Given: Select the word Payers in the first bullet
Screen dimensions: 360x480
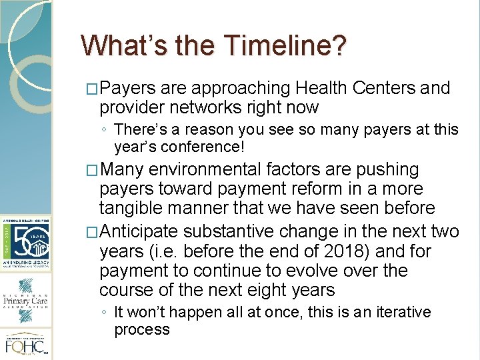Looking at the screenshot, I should [x=128, y=88].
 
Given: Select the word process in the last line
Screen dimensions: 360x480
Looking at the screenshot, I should [x=142, y=329].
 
